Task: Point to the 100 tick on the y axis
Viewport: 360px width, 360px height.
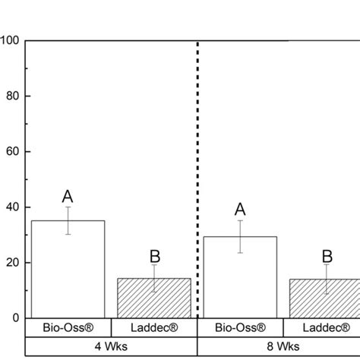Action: click(x=11, y=39)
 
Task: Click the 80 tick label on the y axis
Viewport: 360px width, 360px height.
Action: click(x=13, y=96)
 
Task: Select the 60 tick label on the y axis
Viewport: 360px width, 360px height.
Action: click(x=13, y=151)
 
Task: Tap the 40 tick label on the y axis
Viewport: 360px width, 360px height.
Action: click(x=13, y=207)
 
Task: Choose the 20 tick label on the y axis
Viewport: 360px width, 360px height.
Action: click(x=13, y=263)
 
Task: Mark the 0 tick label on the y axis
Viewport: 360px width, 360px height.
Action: click(x=16, y=318)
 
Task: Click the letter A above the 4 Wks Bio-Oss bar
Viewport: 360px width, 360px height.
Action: click(x=68, y=197)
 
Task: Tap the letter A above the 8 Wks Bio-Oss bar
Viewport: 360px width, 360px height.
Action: click(x=240, y=210)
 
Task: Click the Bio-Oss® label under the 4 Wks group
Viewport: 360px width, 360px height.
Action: click(x=68, y=328)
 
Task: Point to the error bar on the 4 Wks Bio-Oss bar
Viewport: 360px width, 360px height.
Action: click(x=68, y=220)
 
